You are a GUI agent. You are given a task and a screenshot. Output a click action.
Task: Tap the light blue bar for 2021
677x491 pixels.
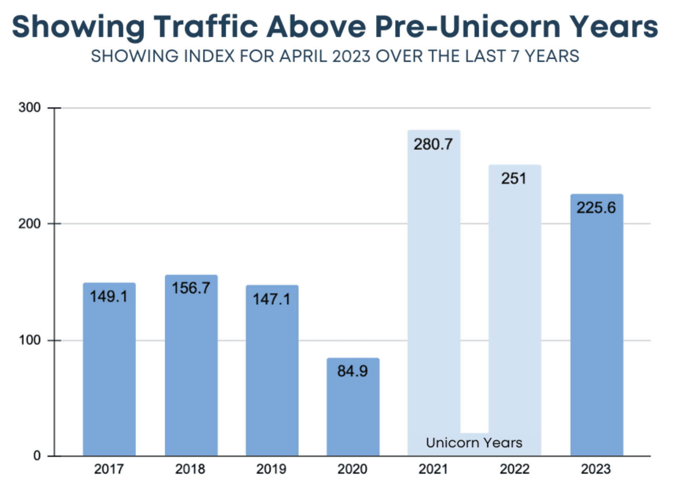coord(434,293)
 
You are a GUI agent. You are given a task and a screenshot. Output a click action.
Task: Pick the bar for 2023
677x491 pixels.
coord(597,330)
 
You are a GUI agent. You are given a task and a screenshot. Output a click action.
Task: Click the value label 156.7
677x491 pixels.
coord(191,288)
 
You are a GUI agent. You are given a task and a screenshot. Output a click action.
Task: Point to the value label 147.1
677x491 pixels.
coord(272,299)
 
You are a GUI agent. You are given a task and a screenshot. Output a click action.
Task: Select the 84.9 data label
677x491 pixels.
coord(352,371)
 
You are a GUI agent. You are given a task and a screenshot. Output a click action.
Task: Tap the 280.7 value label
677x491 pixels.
coord(433,144)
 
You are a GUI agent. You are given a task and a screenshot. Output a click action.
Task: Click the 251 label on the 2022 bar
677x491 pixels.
coord(514,179)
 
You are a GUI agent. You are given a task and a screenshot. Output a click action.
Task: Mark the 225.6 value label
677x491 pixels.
coord(596,208)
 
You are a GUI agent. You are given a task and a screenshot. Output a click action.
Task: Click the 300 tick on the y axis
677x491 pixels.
coord(29,108)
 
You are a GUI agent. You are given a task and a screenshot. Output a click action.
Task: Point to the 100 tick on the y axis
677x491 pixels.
coord(29,340)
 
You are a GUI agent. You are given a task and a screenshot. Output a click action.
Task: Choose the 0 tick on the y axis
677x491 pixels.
coord(37,456)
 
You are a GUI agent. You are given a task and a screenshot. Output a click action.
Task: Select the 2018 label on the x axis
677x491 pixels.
coord(190,469)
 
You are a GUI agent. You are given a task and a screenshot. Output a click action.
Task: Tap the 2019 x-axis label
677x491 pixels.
coord(271,469)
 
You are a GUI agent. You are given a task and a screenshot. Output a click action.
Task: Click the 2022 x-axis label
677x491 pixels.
coord(515,469)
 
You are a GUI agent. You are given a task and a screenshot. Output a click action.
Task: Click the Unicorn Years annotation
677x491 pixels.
coord(474,443)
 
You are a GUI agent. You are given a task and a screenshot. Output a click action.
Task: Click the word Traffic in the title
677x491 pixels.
coord(206,26)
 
